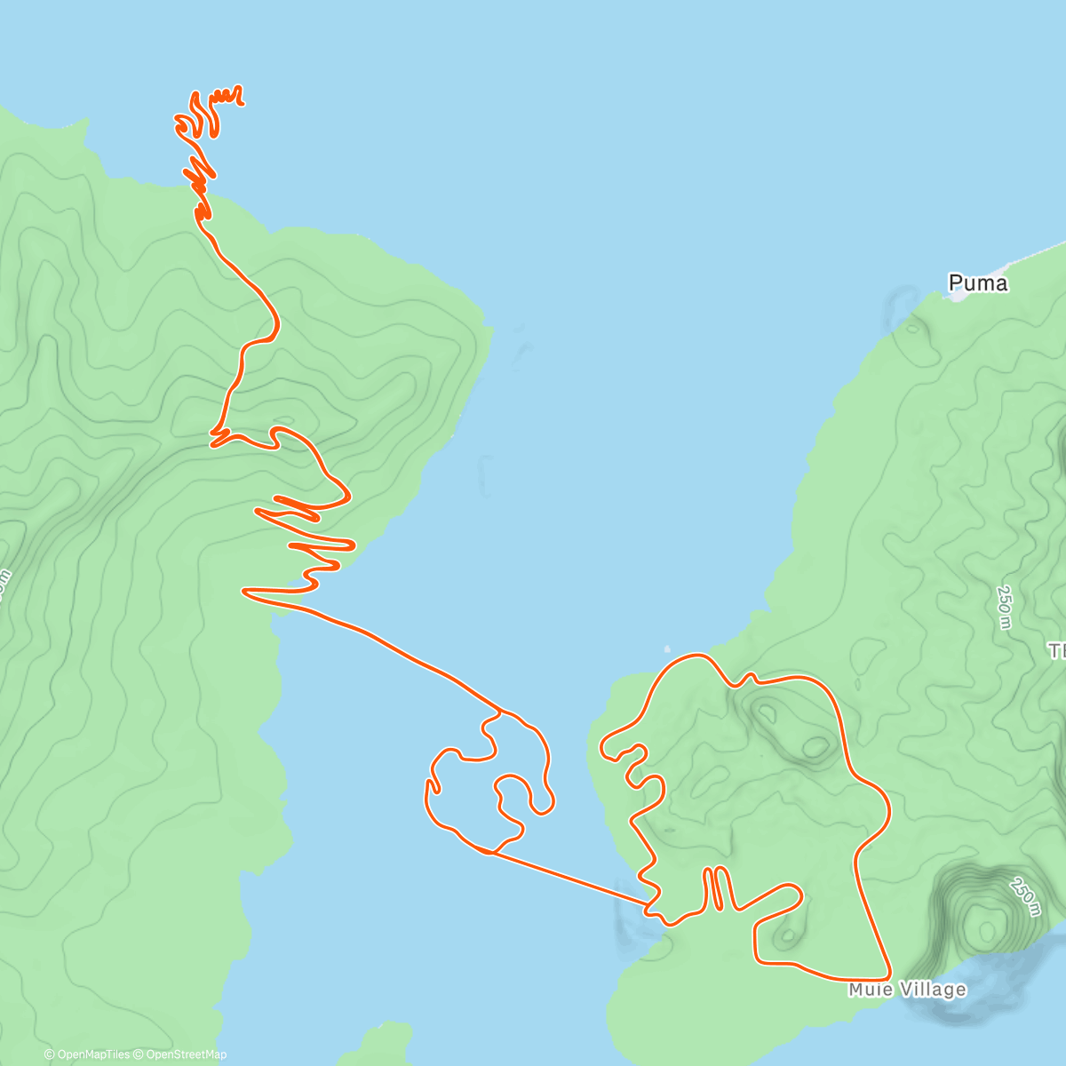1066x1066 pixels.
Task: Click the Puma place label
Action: [978, 283]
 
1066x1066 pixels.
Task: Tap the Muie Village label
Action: [906, 990]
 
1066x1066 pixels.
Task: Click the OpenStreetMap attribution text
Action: [186, 1054]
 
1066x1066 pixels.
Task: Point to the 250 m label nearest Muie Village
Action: [1023, 897]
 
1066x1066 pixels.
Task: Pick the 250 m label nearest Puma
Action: [1005, 607]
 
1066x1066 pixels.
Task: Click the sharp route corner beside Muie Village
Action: [889, 980]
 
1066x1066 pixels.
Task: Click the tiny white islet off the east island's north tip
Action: [667, 648]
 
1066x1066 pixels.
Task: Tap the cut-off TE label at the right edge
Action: [1057, 652]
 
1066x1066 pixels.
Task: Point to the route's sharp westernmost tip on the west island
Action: [244, 590]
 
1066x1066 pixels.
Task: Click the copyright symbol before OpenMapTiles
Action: [49, 1054]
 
